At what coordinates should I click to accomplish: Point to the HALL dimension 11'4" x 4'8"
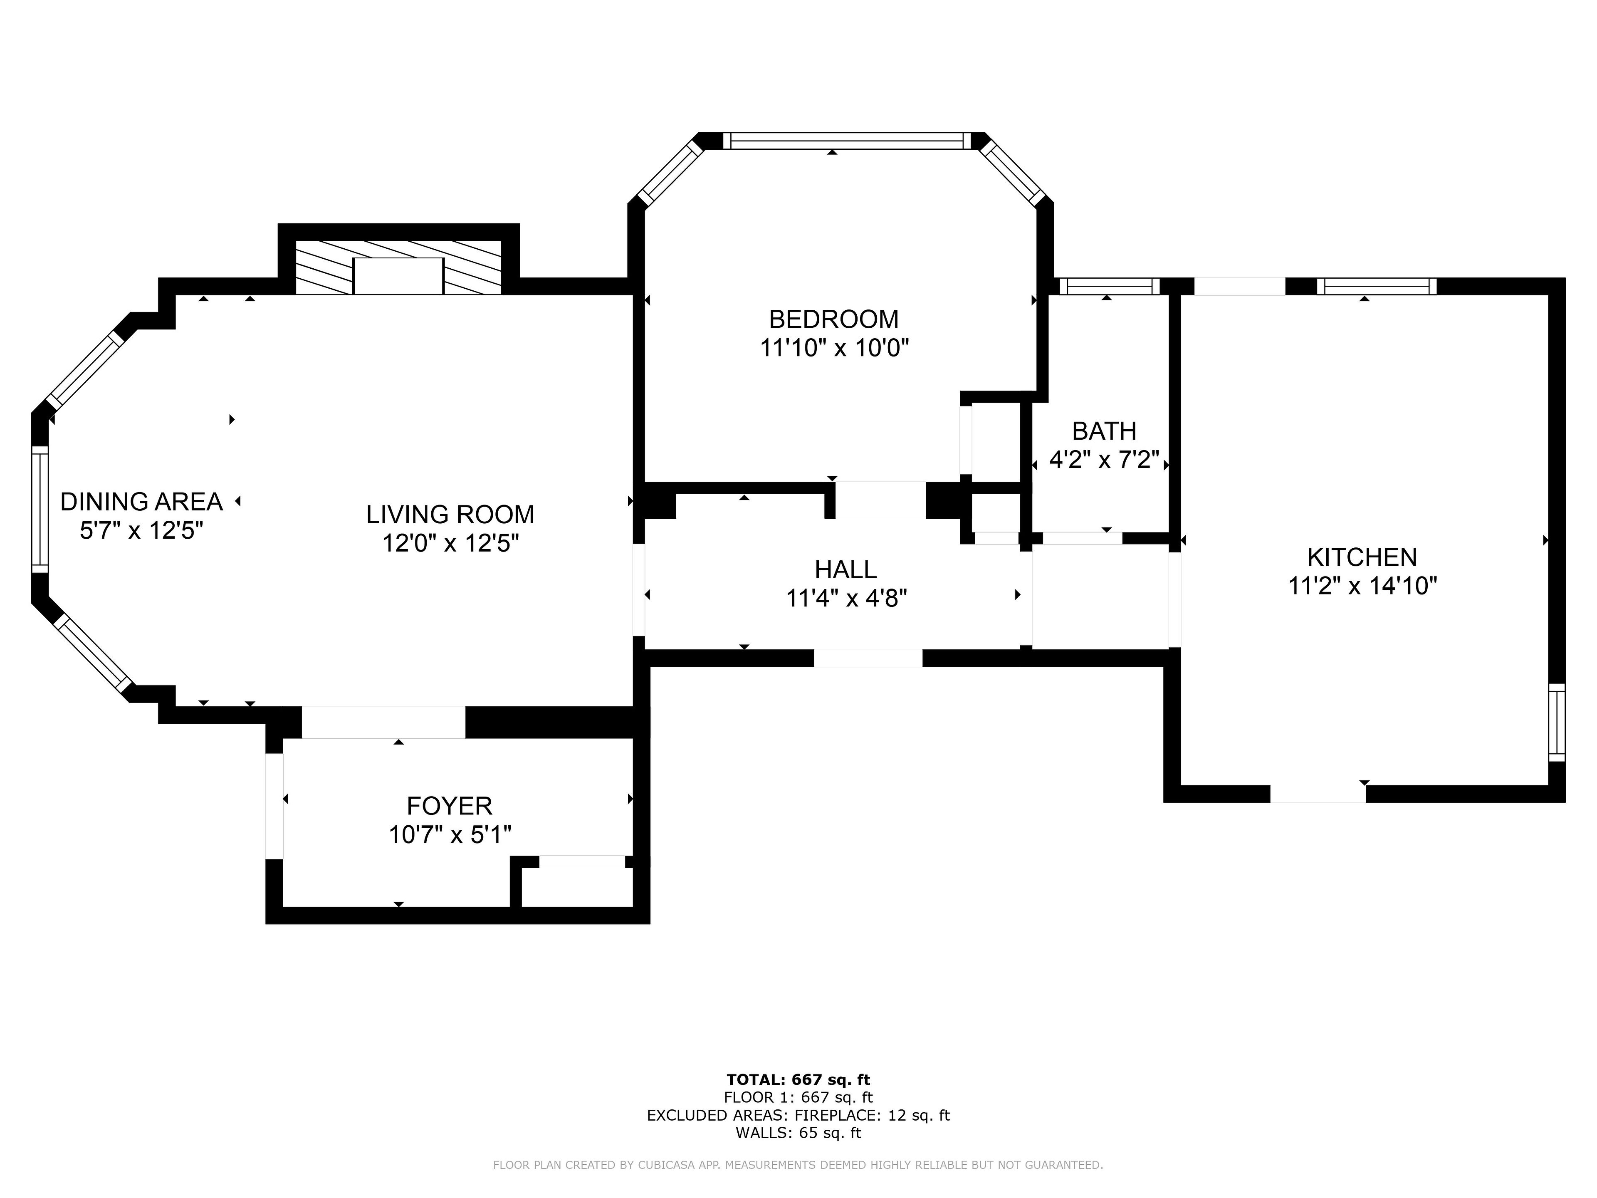pyautogui.click(x=846, y=599)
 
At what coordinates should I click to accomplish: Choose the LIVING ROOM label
pyautogui.click(x=450, y=515)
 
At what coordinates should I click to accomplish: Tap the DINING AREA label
pyautogui.click(x=141, y=502)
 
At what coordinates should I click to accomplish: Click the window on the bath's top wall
pyautogui.click(x=1110, y=287)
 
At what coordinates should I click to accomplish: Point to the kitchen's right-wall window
pyautogui.click(x=1557, y=722)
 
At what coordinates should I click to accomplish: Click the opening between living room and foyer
pyautogui.click(x=383, y=722)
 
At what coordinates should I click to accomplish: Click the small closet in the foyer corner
pyautogui.click(x=577, y=888)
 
